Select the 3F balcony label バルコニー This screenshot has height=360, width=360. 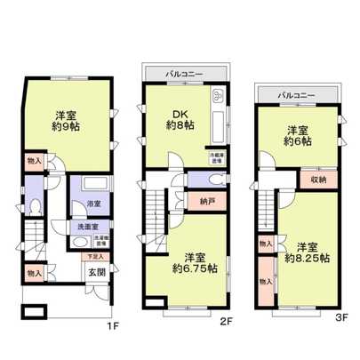point(296,92)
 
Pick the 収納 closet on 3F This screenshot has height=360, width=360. point(320,177)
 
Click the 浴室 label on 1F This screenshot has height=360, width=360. point(93,204)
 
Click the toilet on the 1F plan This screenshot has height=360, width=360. point(33,203)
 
